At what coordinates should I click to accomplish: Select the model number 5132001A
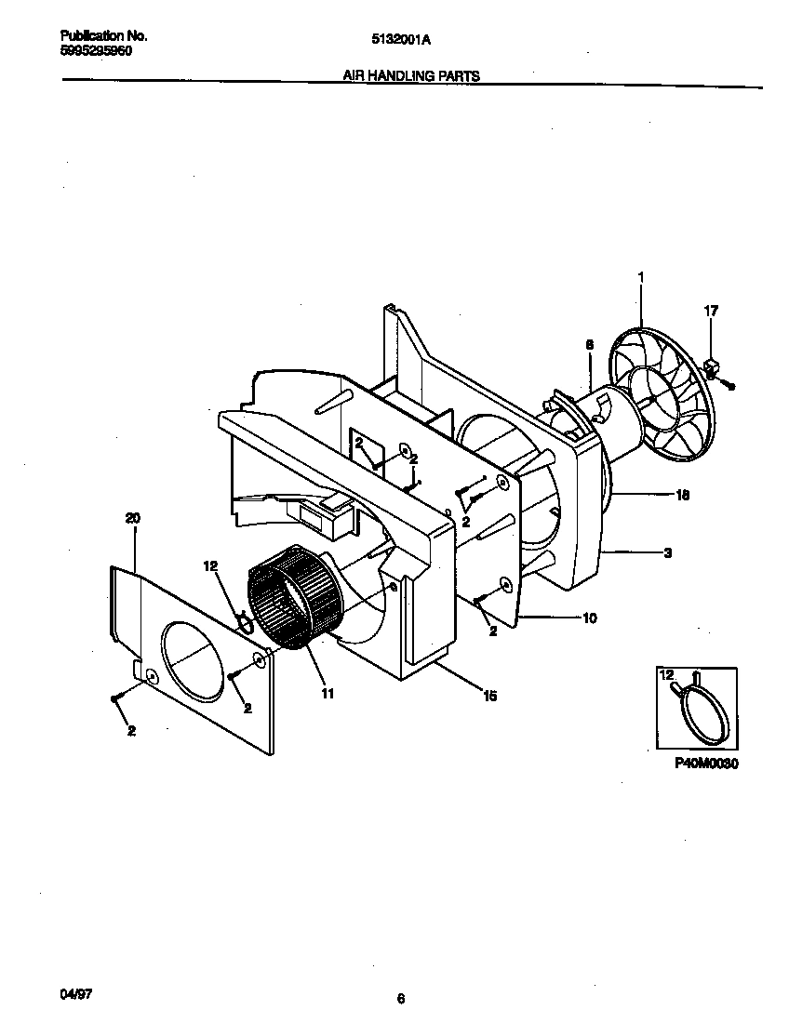pos(401,39)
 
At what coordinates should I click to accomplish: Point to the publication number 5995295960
pos(97,52)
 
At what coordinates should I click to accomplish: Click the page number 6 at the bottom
pos(400,999)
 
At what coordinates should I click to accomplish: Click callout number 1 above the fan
pos(641,277)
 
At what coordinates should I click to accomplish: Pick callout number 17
pos(711,312)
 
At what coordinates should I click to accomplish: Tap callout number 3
pos(667,552)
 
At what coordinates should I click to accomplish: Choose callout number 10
pos(590,618)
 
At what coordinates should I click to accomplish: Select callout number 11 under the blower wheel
pos(327,693)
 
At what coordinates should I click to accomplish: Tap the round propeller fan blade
pos(659,391)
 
